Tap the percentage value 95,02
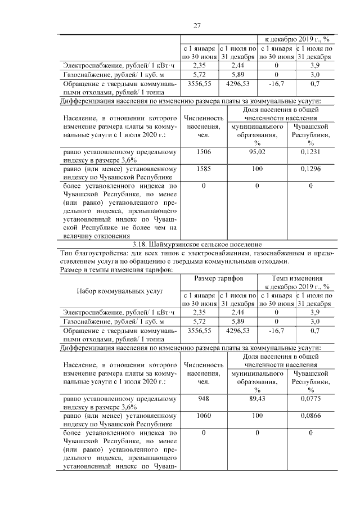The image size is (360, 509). point(256,151)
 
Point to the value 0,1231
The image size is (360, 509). point(310,151)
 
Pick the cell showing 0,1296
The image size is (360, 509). point(310,168)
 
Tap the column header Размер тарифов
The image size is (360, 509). point(219,278)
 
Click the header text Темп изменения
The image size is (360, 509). point(297,278)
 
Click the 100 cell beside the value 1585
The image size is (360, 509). point(256,168)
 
